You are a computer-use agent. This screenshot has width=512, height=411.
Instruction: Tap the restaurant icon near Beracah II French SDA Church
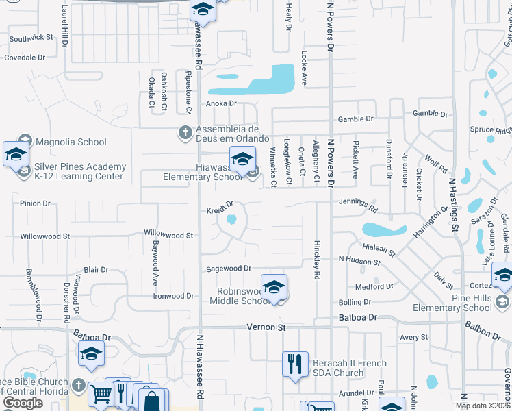click(x=295, y=364)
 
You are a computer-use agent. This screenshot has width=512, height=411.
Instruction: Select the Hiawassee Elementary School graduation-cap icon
click(x=242, y=160)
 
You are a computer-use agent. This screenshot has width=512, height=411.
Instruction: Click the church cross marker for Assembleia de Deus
click(x=185, y=132)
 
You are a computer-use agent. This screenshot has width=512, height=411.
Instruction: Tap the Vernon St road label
click(x=266, y=328)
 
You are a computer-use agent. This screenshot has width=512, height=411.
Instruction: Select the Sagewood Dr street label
click(x=229, y=269)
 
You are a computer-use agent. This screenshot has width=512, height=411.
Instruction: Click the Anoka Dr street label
click(x=221, y=104)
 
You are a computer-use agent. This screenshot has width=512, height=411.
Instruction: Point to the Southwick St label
click(x=31, y=38)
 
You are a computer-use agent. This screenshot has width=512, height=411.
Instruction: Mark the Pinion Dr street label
click(x=36, y=203)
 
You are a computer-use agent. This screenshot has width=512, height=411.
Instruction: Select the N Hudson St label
click(x=359, y=261)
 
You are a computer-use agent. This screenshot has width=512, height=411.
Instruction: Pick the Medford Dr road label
click(x=374, y=286)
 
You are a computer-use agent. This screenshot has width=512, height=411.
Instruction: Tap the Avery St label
click(x=413, y=337)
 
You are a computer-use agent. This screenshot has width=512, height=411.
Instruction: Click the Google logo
click(x=23, y=403)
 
